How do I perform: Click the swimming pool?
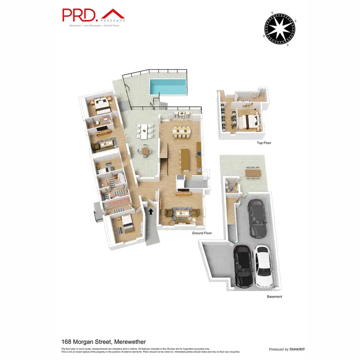coord(167,86)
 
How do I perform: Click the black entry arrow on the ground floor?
coord(151,211)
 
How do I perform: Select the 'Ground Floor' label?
coord(202,233)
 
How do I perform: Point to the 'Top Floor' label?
coord(264,143)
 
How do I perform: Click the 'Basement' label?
coord(275,297)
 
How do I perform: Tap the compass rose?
coord(279,28)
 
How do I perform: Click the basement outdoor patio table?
coord(252,171)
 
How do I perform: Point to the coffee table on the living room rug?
coord(183,212)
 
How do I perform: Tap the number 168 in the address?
coord(68,341)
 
